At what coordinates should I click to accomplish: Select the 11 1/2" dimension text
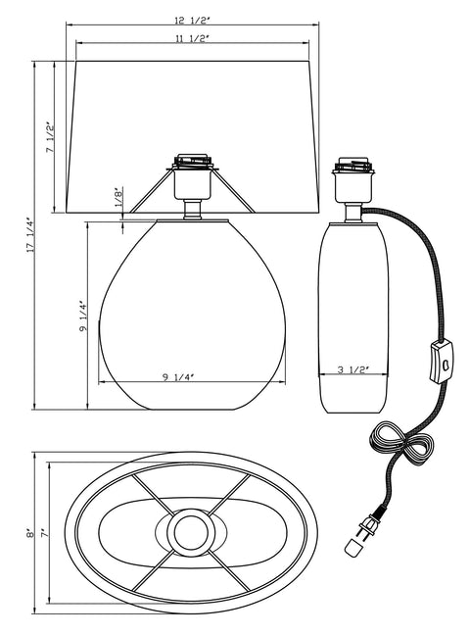click(192, 39)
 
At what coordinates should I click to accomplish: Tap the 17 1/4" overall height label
click(30, 236)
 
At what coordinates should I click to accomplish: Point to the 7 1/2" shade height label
click(49, 137)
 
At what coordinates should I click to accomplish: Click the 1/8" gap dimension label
click(117, 197)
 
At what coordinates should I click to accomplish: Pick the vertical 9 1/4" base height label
click(83, 317)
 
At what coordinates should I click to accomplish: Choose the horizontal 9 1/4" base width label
click(178, 377)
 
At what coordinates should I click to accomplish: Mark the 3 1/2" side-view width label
click(353, 369)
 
